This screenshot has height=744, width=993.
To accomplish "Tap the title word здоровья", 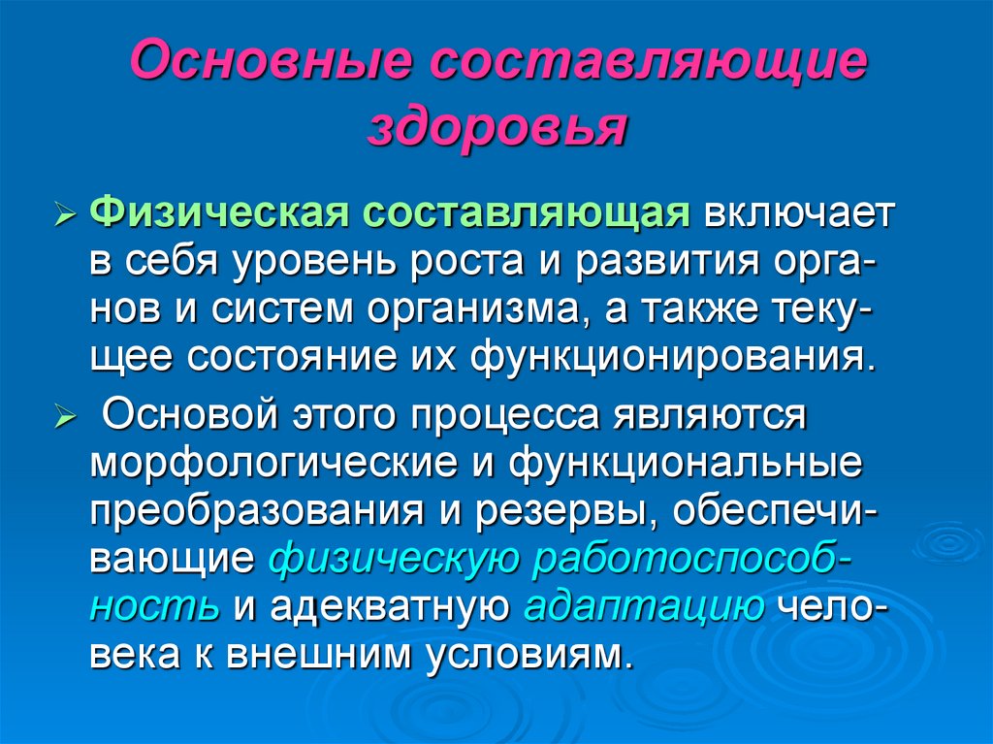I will (497, 128).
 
